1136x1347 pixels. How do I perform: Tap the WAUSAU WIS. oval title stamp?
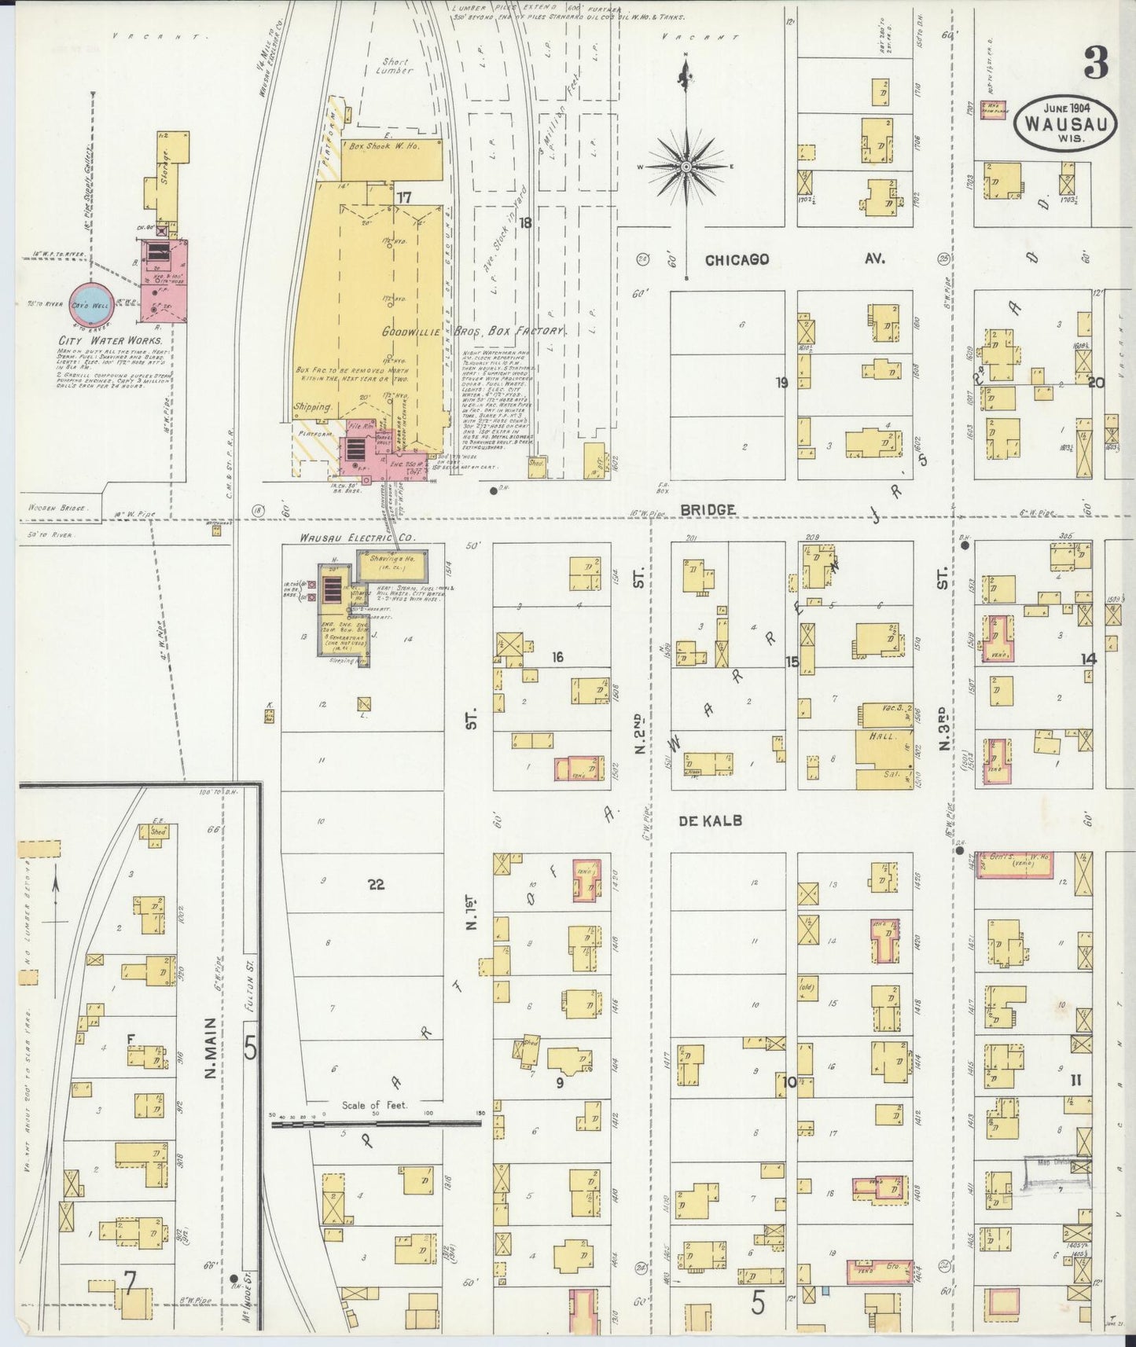click(x=1066, y=123)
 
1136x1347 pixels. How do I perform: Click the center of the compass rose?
click(x=686, y=167)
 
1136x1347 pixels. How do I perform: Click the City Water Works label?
click(x=110, y=341)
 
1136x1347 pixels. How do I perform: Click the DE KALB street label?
click(x=709, y=820)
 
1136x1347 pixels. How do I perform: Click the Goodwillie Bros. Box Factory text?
click(x=474, y=331)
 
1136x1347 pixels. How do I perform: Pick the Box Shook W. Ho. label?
click(x=388, y=146)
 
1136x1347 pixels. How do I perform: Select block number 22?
click(x=376, y=884)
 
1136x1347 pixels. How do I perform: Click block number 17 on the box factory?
click(x=404, y=196)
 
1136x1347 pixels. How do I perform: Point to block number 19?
click(x=781, y=384)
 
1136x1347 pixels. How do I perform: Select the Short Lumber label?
click(x=395, y=65)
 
